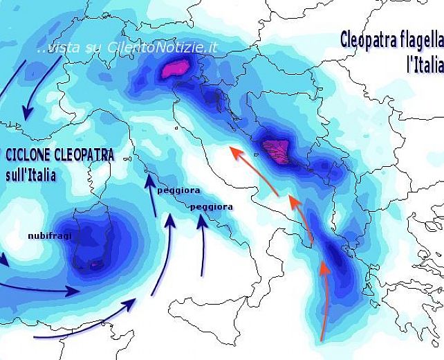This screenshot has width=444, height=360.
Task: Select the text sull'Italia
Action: point(30,174)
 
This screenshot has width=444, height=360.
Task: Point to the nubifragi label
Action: point(50,235)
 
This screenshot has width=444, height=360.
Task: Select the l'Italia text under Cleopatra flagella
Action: point(423,65)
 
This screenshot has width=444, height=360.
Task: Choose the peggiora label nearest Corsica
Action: point(178,190)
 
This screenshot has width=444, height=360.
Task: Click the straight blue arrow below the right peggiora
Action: point(203,246)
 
